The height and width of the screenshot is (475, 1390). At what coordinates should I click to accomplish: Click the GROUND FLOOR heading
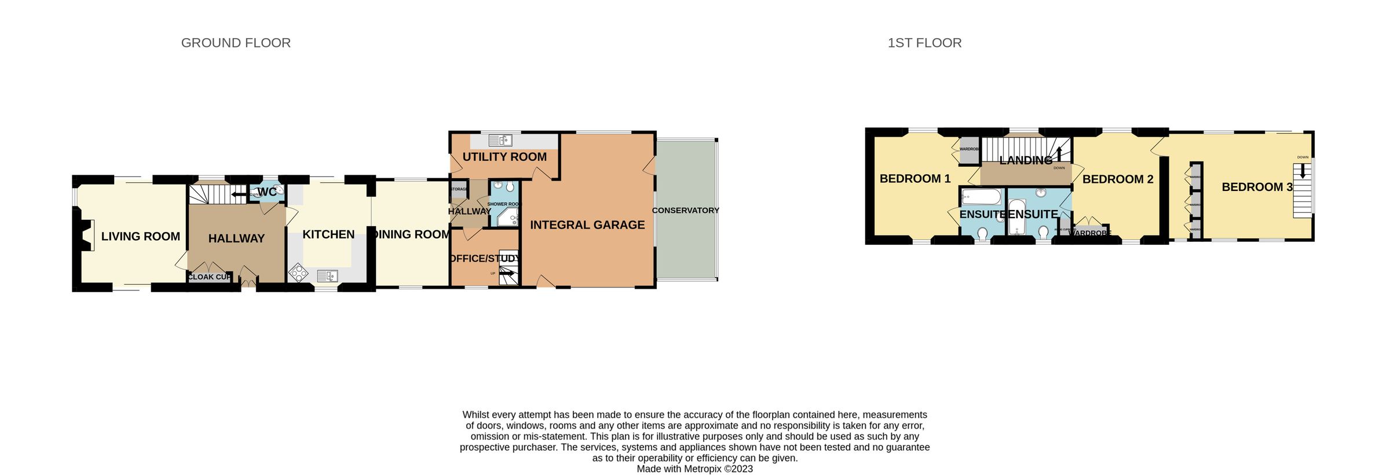[236, 43]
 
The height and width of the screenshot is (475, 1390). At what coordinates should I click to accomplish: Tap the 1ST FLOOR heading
[924, 43]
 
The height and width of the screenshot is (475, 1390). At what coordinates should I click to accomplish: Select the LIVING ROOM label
[140, 236]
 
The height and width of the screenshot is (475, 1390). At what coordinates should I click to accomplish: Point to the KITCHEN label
[328, 234]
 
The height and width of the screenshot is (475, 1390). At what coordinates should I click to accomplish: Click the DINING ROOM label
[412, 234]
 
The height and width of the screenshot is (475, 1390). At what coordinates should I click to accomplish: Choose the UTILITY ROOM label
[504, 157]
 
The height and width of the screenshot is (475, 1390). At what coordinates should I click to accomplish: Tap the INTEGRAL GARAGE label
[587, 225]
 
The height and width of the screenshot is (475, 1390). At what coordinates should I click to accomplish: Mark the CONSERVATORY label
[685, 211]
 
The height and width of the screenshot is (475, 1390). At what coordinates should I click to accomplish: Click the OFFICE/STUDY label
[485, 259]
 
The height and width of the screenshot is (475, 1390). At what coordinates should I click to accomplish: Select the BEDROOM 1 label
[915, 179]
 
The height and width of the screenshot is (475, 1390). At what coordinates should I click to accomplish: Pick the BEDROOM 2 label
[1118, 179]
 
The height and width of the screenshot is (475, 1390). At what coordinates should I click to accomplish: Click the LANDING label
[1026, 160]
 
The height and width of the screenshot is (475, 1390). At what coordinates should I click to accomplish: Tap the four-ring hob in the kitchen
[298, 272]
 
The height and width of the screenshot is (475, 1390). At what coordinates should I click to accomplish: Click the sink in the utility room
[500, 141]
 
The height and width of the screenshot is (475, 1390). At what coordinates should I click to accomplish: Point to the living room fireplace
[86, 235]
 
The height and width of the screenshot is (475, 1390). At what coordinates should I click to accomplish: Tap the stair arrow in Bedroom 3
[1303, 171]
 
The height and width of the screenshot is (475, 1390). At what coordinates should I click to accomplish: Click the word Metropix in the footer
[703, 469]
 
